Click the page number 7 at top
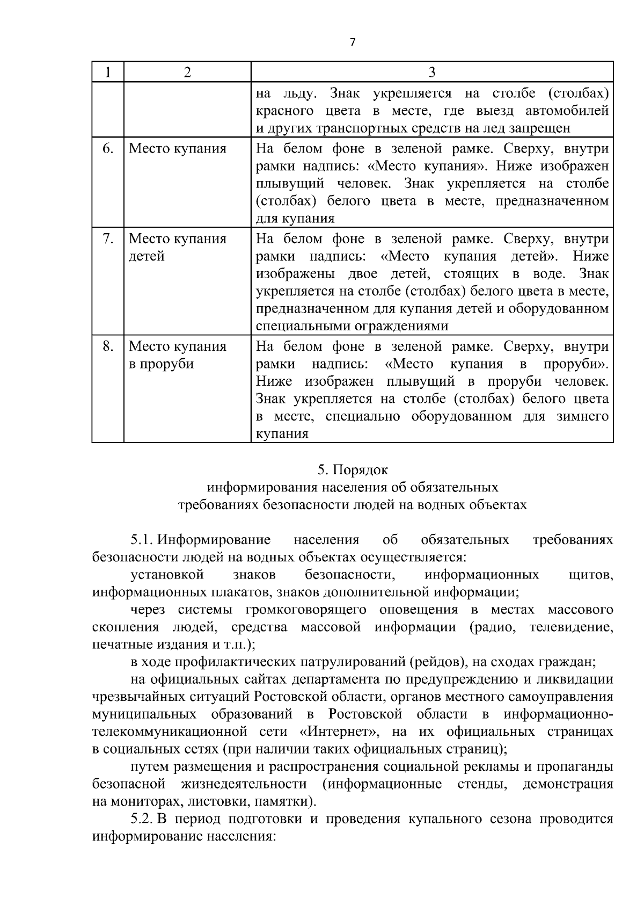(x=352, y=42)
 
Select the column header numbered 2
(x=187, y=72)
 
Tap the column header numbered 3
(x=432, y=72)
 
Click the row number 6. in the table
(x=108, y=148)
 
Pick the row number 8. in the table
(x=108, y=346)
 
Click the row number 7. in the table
(x=108, y=238)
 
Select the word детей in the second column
(x=147, y=256)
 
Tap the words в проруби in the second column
(x=161, y=364)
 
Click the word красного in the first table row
(x=284, y=111)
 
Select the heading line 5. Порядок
(x=352, y=469)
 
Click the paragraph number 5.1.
(x=143, y=539)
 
